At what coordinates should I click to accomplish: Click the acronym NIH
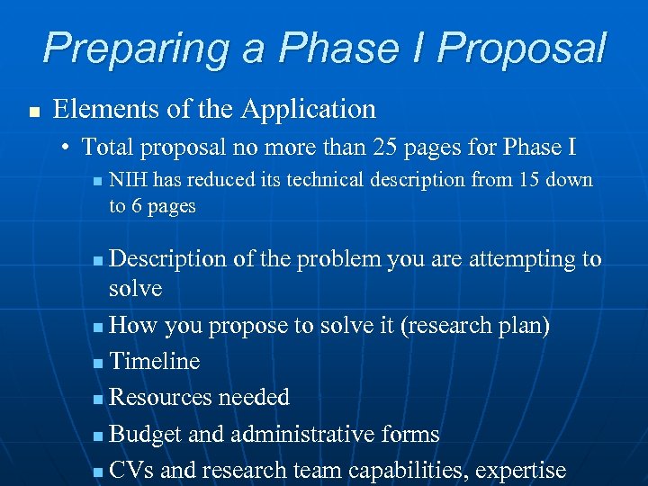pyautogui.click(x=128, y=180)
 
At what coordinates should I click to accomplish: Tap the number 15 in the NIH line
pyautogui.click(x=530, y=180)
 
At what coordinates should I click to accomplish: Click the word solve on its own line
pyautogui.click(x=135, y=289)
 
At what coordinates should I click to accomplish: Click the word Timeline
pyautogui.click(x=154, y=361)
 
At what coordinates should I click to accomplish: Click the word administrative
pyautogui.click(x=294, y=434)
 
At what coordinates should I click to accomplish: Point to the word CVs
pyautogui.click(x=130, y=470)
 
